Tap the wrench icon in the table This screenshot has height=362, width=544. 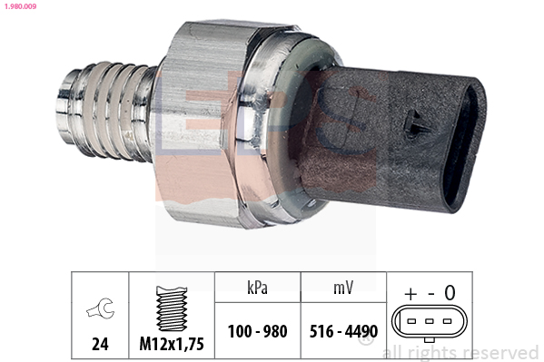point(100,310)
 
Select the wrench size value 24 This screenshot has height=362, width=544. point(100,345)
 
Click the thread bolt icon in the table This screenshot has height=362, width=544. point(172,309)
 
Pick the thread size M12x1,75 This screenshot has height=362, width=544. point(172,345)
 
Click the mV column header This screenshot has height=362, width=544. point(341,289)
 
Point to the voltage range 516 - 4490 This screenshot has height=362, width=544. point(341,331)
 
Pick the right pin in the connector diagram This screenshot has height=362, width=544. point(444,322)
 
